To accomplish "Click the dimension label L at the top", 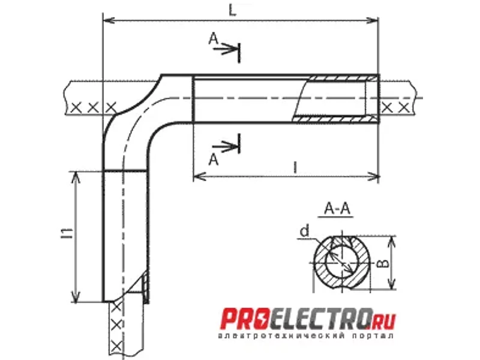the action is [x=233, y=10].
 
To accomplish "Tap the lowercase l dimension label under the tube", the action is [x=295, y=168].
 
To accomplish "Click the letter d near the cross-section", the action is [x=305, y=231].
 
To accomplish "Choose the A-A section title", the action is [x=337, y=209].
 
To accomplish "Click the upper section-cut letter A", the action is [x=214, y=39].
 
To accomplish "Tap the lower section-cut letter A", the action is [x=214, y=160].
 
